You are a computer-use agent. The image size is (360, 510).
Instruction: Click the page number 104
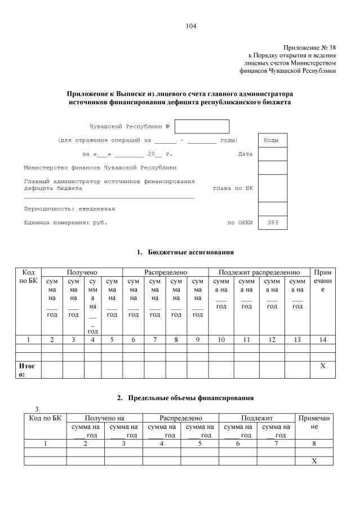point(190,26)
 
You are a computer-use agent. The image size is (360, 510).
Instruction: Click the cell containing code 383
point(272,223)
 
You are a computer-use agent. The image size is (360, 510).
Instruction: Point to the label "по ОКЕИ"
point(240,223)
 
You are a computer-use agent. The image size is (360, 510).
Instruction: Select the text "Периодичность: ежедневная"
point(69,209)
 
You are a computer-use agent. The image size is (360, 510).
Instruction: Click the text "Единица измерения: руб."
point(65,223)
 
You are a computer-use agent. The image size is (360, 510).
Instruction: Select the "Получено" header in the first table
point(82,272)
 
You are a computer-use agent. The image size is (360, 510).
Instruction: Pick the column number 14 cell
point(323,340)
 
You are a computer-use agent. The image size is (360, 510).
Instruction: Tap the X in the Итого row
point(323,366)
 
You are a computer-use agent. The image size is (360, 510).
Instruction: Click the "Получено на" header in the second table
point(104,419)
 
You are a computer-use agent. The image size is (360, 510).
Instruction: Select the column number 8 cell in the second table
point(314,444)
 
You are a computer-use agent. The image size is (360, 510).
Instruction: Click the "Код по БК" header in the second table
point(45,419)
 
